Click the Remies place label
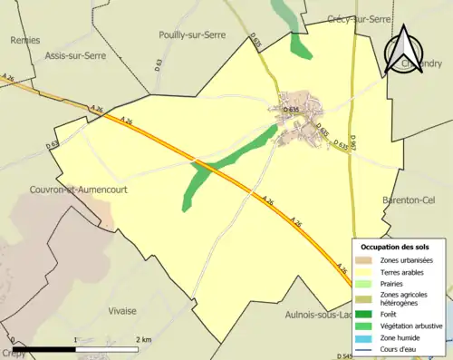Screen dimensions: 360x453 (24, 40)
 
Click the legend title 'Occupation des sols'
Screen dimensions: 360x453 (395, 247)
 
